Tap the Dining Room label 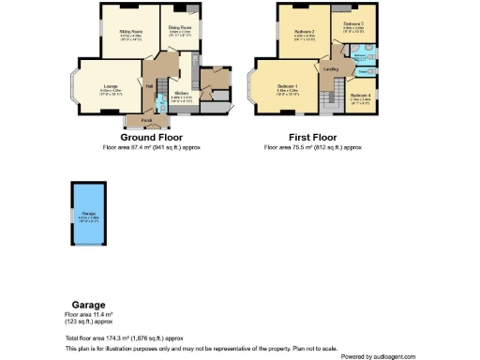(180, 28)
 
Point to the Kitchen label (182, 94)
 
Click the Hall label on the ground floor (150, 86)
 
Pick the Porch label (147, 120)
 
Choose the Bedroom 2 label (304, 33)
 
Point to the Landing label (331, 69)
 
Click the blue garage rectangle (89, 217)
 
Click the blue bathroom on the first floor (361, 59)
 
